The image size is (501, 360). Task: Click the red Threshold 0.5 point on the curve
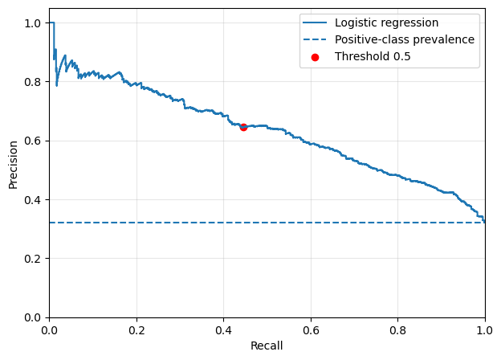tap(243, 127)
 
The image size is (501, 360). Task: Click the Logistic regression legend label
tap(386, 22)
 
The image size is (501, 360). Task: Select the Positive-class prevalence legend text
tap(405, 39)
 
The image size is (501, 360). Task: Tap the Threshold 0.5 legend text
tap(373, 56)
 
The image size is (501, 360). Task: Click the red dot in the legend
tap(315, 57)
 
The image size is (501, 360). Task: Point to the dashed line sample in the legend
tap(315, 39)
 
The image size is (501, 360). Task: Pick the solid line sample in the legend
tap(315, 22)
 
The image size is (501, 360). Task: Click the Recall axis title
tap(267, 346)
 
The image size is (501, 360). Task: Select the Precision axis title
tap(13, 165)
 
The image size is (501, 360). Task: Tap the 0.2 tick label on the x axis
tap(136, 330)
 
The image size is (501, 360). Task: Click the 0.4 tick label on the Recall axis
tap(224, 330)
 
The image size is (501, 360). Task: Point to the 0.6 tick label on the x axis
tap(311, 330)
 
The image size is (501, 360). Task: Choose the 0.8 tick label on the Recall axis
tap(397, 330)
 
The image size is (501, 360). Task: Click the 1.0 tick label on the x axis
tap(485, 330)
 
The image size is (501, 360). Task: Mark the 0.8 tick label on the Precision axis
tap(33, 82)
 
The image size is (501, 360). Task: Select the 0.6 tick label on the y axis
tap(33, 141)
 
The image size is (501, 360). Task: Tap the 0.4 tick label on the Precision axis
tap(33, 200)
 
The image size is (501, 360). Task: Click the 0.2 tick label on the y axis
tap(33, 259)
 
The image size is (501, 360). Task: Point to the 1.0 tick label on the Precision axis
tap(33, 23)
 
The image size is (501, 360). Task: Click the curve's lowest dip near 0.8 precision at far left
tap(56, 85)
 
